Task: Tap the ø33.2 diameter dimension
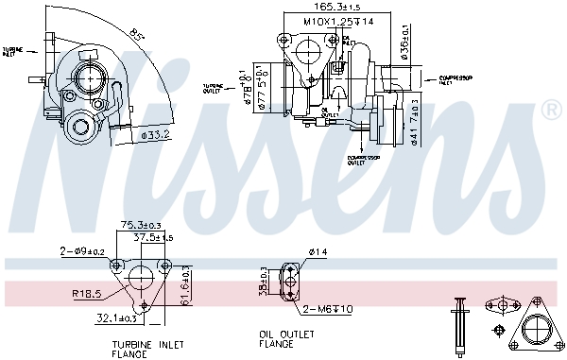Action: click(x=152, y=136)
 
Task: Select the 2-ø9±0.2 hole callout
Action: click(x=80, y=251)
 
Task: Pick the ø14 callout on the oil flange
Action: click(x=316, y=252)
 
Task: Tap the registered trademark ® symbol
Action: click(x=552, y=111)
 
